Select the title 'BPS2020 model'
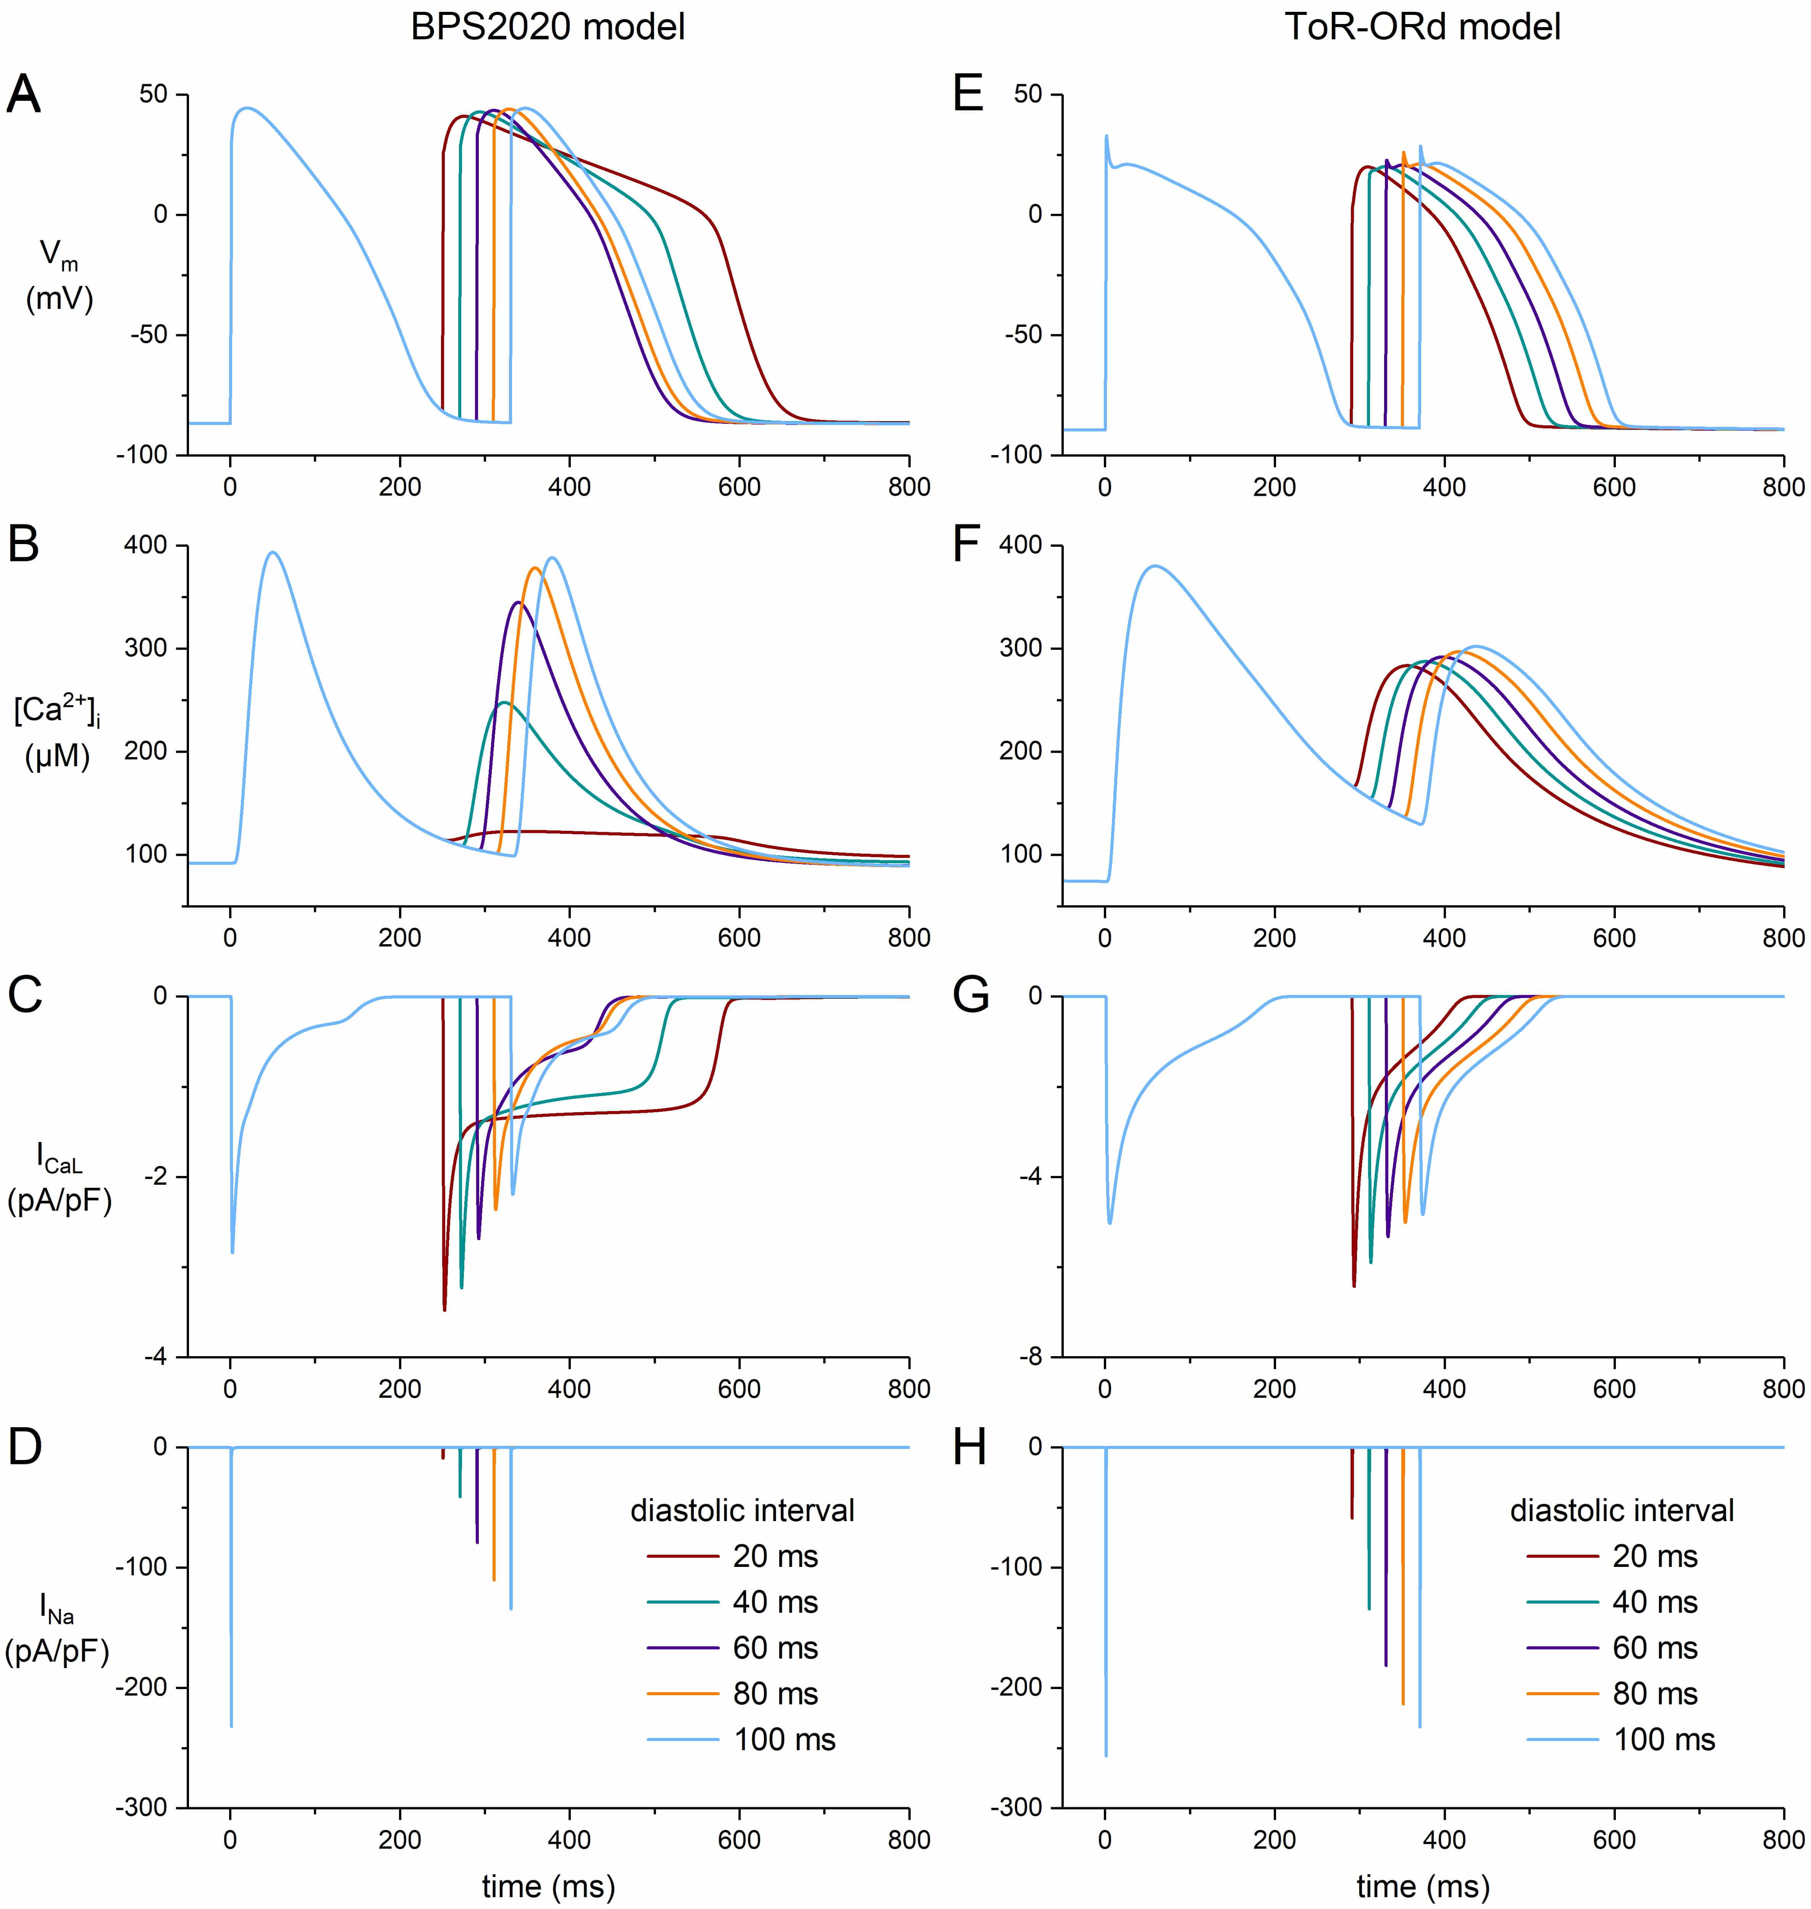(548, 27)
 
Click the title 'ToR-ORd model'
(1422, 27)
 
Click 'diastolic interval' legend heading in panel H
(1622, 1509)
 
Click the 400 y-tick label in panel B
(146, 545)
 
